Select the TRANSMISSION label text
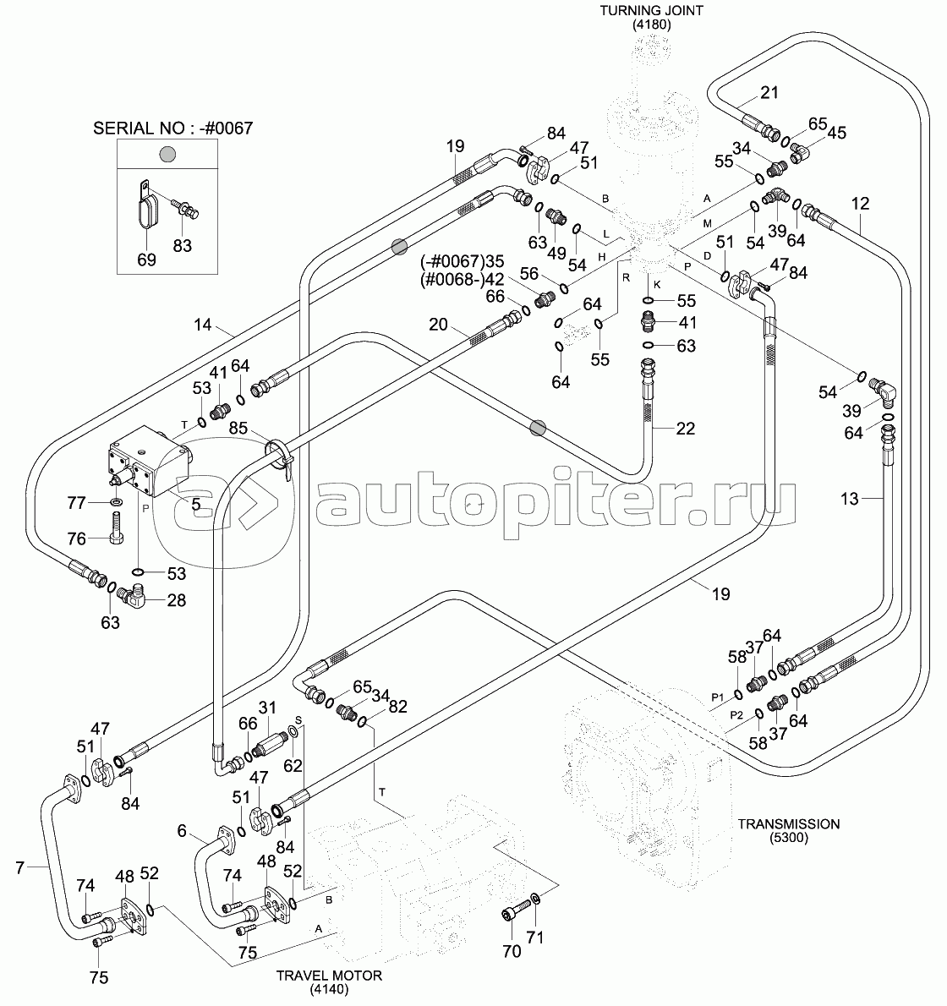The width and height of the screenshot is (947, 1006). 787,823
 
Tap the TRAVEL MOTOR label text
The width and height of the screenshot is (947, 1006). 329,975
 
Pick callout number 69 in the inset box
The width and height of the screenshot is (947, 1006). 147,260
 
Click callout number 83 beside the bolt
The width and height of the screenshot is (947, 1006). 183,245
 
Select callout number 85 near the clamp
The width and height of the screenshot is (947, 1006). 238,429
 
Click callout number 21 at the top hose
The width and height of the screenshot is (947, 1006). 769,93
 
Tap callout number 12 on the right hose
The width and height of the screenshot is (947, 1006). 860,203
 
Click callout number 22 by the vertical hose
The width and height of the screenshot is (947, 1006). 685,429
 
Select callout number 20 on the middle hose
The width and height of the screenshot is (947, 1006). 436,324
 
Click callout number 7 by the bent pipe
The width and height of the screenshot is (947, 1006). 21,867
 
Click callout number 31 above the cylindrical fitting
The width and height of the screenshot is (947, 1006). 268,707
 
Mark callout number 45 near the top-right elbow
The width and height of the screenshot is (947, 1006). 836,132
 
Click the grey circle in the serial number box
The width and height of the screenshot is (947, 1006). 167,154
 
